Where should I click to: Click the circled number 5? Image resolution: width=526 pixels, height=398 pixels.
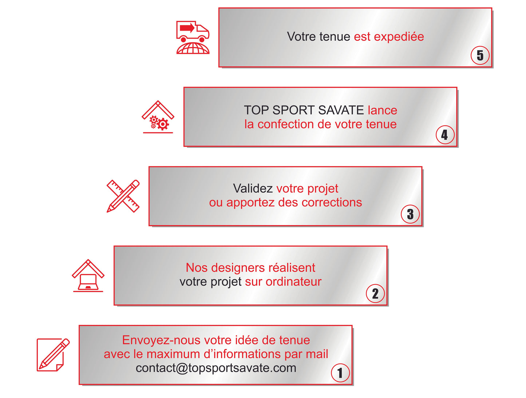tap(480, 55)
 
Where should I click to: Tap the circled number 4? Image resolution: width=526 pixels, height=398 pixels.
tap(445, 135)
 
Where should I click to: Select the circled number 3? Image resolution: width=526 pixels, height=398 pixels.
tap(410, 214)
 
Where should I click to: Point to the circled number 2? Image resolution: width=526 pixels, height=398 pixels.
tap(375, 293)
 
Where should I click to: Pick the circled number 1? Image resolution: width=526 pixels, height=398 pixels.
tap(340, 373)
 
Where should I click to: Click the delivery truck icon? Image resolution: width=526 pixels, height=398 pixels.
tap(193, 32)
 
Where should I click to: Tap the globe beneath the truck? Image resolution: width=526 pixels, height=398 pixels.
tap(193, 48)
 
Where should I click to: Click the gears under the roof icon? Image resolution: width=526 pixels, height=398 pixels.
tap(159, 123)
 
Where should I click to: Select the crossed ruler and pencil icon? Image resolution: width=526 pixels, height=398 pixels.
tap(123, 196)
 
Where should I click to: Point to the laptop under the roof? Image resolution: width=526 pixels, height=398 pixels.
tap(88, 282)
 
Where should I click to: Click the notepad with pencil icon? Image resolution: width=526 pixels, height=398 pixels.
tap(53, 355)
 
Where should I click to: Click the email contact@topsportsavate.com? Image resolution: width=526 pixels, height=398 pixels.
tap(216, 368)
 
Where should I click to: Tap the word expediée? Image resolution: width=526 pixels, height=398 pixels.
tap(399, 37)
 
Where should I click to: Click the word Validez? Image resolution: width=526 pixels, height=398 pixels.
tap(253, 188)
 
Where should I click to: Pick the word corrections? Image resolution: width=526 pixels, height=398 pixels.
tap(332, 202)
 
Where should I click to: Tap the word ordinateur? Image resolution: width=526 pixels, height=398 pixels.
tap(293, 282)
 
